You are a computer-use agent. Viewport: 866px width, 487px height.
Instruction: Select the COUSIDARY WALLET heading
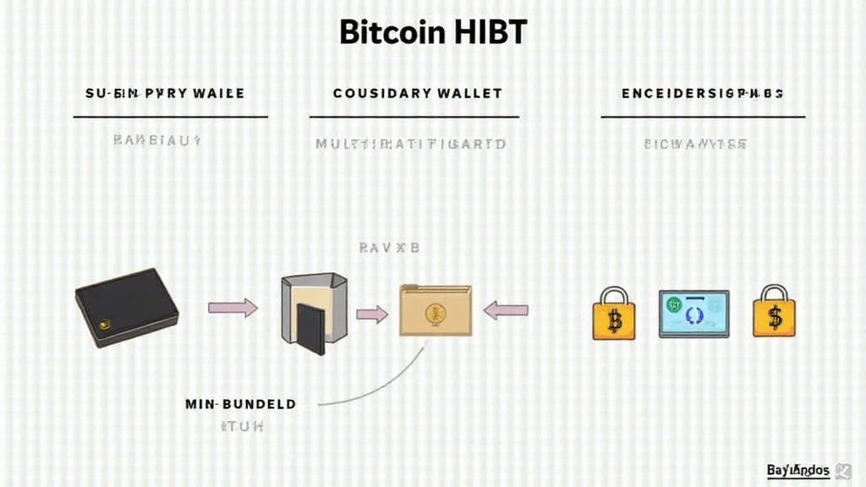pyautogui.click(x=417, y=93)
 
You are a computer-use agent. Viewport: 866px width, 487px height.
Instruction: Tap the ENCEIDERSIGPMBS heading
pyautogui.click(x=702, y=93)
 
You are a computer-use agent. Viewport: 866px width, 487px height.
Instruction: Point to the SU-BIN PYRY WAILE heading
pyautogui.click(x=165, y=93)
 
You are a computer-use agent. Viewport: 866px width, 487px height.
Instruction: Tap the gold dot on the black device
pyautogui.click(x=105, y=322)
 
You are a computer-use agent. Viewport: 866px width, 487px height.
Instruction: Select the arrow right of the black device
pyautogui.click(x=233, y=308)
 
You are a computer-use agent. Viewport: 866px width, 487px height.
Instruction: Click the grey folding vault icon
pyautogui.click(x=314, y=311)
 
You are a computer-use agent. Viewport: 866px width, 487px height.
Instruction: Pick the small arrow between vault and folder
pyautogui.click(x=371, y=315)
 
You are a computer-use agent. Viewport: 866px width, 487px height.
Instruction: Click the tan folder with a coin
pyautogui.click(x=435, y=310)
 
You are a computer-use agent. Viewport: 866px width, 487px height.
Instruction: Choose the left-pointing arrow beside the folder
pyautogui.click(x=506, y=310)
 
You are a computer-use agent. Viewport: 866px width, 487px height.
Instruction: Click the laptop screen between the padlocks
pyautogui.click(x=693, y=312)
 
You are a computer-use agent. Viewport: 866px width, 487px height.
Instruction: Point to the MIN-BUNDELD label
pyautogui.click(x=240, y=404)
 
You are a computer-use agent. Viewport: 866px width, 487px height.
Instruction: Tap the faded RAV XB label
pyautogui.click(x=389, y=249)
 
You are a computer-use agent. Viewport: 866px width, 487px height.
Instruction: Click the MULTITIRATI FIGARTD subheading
pyautogui.click(x=411, y=144)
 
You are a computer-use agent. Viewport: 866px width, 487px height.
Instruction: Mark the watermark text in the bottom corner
pyautogui.click(x=798, y=470)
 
